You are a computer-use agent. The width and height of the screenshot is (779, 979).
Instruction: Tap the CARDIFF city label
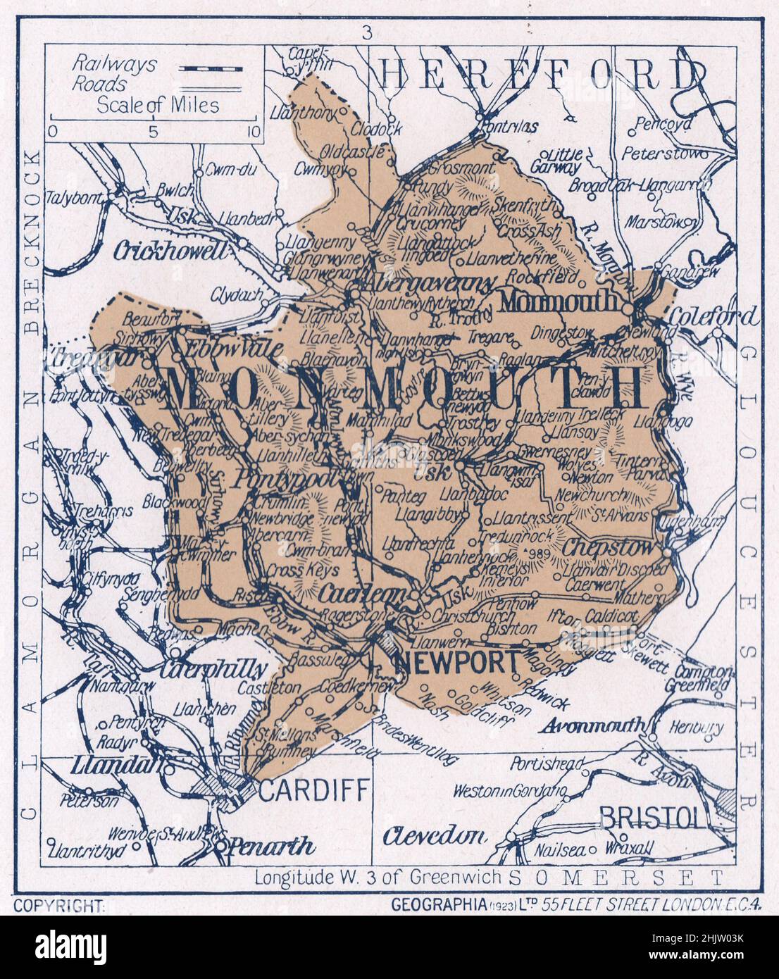pyautogui.click(x=314, y=792)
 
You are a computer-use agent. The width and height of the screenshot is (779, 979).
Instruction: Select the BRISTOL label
pyautogui.click(x=650, y=817)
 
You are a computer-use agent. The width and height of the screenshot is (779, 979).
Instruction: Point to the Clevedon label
pyautogui.click(x=435, y=835)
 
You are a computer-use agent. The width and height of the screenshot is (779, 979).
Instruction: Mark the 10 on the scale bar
pyautogui.click(x=253, y=132)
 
